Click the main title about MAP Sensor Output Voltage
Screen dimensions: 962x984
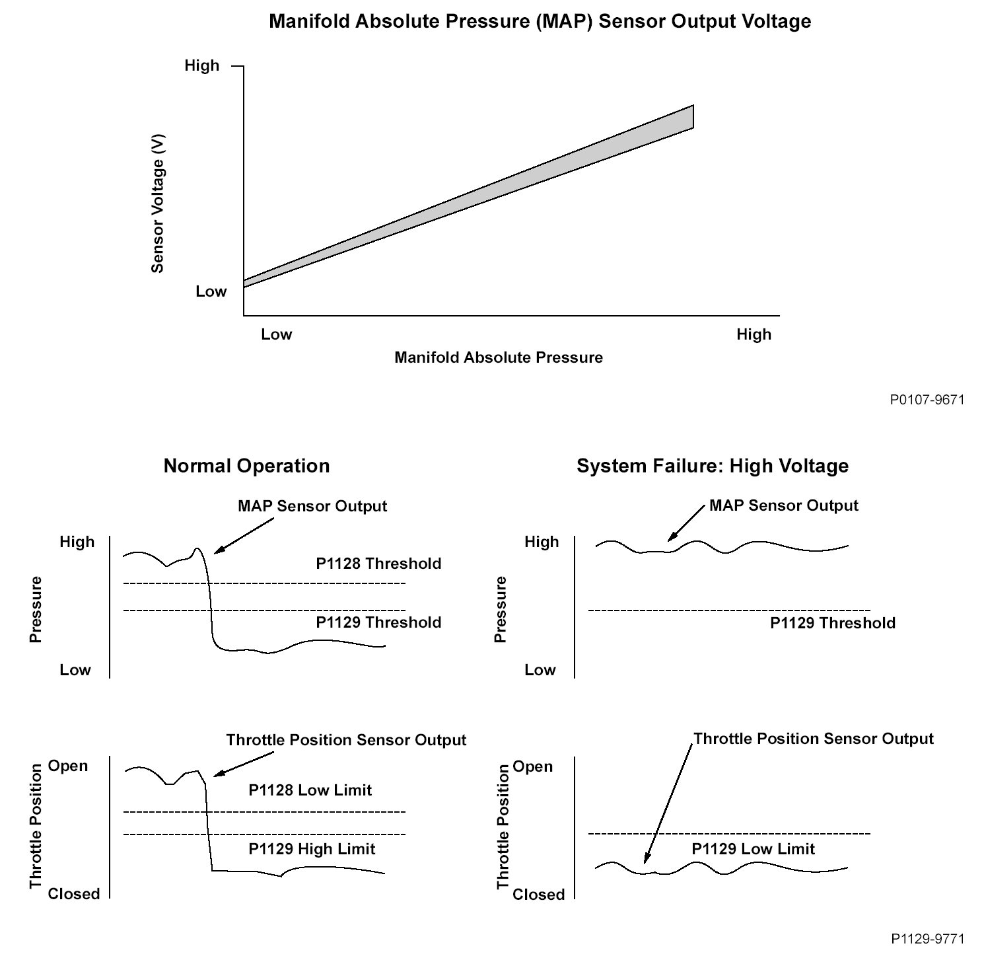(x=540, y=21)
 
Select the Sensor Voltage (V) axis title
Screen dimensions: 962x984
(x=157, y=203)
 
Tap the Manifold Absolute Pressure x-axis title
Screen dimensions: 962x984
(x=499, y=357)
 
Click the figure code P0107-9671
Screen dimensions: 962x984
(x=927, y=400)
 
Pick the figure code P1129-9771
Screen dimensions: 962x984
(x=927, y=938)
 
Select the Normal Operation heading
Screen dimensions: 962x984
(x=246, y=466)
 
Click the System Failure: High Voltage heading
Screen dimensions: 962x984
(x=712, y=466)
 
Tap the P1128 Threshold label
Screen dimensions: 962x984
(x=378, y=564)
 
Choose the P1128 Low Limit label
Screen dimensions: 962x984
(x=310, y=790)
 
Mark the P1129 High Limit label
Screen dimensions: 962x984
(x=312, y=849)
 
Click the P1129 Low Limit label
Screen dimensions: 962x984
(x=753, y=849)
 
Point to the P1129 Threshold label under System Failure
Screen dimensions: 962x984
(x=833, y=623)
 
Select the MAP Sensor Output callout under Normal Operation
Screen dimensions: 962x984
(x=312, y=506)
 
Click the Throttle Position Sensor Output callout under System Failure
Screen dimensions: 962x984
(x=814, y=739)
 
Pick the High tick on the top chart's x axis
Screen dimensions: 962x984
(x=754, y=334)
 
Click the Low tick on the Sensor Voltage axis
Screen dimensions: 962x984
(x=211, y=291)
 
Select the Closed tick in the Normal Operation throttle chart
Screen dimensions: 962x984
(x=74, y=894)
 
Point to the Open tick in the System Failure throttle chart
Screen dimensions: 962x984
(x=532, y=766)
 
